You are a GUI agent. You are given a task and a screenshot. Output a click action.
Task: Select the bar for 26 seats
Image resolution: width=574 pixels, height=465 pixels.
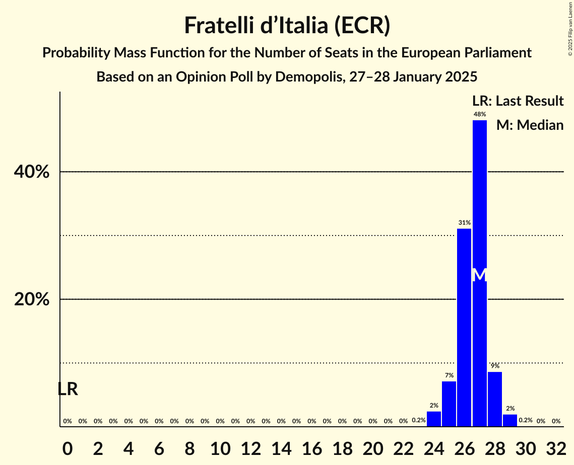pos(464,327)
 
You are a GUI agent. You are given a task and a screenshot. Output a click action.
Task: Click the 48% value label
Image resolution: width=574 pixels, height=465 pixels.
pos(479,115)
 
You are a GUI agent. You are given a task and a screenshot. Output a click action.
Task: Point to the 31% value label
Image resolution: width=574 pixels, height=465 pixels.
pos(464,222)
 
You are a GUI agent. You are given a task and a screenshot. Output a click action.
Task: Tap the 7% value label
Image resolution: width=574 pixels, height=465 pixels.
pos(449,375)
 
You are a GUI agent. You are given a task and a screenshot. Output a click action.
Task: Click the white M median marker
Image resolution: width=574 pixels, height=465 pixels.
pos(480,275)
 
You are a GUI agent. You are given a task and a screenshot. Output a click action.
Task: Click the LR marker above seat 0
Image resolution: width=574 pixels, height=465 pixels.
pos(68,389)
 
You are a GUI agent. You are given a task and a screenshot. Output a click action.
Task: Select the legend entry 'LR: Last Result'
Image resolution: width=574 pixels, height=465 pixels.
pos(518,101)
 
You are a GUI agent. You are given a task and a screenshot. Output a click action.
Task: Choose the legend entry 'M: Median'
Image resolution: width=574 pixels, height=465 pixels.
pos(530,125)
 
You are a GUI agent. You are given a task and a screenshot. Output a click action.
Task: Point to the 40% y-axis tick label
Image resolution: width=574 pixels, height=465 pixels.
pos(32,172)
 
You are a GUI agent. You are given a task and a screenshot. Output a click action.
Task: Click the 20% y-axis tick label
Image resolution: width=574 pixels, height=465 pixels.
pos(32,299)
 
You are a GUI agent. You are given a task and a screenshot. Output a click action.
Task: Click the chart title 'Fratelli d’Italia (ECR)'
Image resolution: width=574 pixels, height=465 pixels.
pos(287,25)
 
